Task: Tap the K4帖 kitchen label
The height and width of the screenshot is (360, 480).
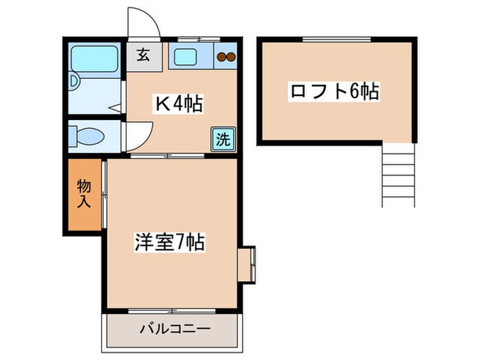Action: [178, 104]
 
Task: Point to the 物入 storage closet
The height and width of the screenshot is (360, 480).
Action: [84, 194]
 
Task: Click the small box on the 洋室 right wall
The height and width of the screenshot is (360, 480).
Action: [246, 263]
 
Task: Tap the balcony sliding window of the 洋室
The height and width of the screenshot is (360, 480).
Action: [171, 311]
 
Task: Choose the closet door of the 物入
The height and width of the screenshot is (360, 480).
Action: [104, 194]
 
